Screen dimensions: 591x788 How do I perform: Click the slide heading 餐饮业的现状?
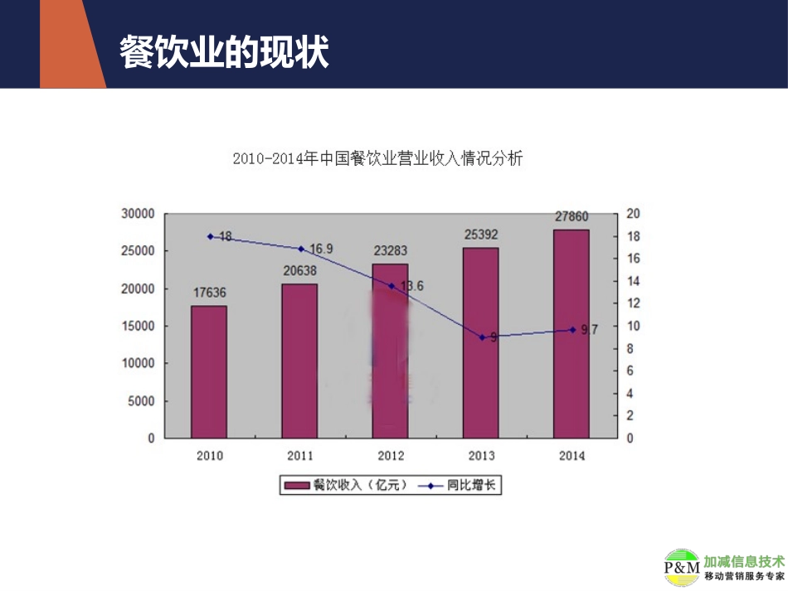click(224, 51)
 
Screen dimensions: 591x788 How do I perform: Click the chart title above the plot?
click(377, 158)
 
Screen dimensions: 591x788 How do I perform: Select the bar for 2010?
click(208, 371)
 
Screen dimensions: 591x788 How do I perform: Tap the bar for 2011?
click(299, 361)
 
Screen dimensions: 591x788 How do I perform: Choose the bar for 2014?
click(572, 333)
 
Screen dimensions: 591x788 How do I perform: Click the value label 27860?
click(572, 217)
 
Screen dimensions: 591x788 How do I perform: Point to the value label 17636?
click(208, 293)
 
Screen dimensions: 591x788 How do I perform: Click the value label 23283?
click(390, 250)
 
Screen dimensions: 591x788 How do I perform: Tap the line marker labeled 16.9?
click(300, 249)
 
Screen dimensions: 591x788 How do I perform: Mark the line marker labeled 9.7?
click(572, 330)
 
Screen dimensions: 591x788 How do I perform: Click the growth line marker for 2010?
click(210, 236)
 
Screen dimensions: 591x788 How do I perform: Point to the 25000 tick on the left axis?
click(139, 251)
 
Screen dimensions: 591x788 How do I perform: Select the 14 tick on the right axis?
click(633, 281)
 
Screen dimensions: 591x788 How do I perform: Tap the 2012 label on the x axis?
click(391, 456)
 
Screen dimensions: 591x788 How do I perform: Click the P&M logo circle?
click(682, 568)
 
